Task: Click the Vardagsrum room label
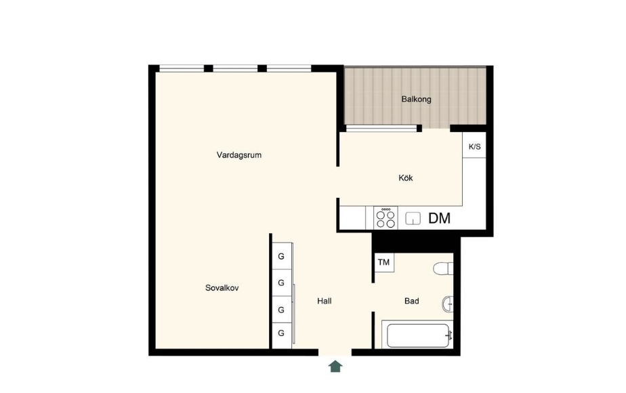click(x=238, y=155)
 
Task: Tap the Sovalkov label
click(x=222, y=287)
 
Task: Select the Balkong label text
click(x=417, y=99)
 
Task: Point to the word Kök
click(x=406, y=178)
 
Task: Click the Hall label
click(x=324, y=301)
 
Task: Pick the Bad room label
click(x=412, y=301)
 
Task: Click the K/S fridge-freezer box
click(x=474, y=145)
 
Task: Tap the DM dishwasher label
click(x=439, y=218)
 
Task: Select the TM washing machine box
click(x=384, y=262)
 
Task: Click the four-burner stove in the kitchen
click(x=385, y=218)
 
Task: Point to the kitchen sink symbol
click(x=413, y=218)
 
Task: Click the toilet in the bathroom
click(x=444, y=268)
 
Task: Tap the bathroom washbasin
click(x=448, y=304)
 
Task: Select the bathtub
click(x=417, y=335)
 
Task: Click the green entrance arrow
click(x=335, y=367)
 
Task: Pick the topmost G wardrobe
click(x=281, y=256)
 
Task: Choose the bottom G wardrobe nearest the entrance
click(x=281, y=333)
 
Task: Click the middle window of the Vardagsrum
click(x=235, y=68)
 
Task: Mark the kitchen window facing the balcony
click(x=381, y=128)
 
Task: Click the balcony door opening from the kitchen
click(x=436, y=129)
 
